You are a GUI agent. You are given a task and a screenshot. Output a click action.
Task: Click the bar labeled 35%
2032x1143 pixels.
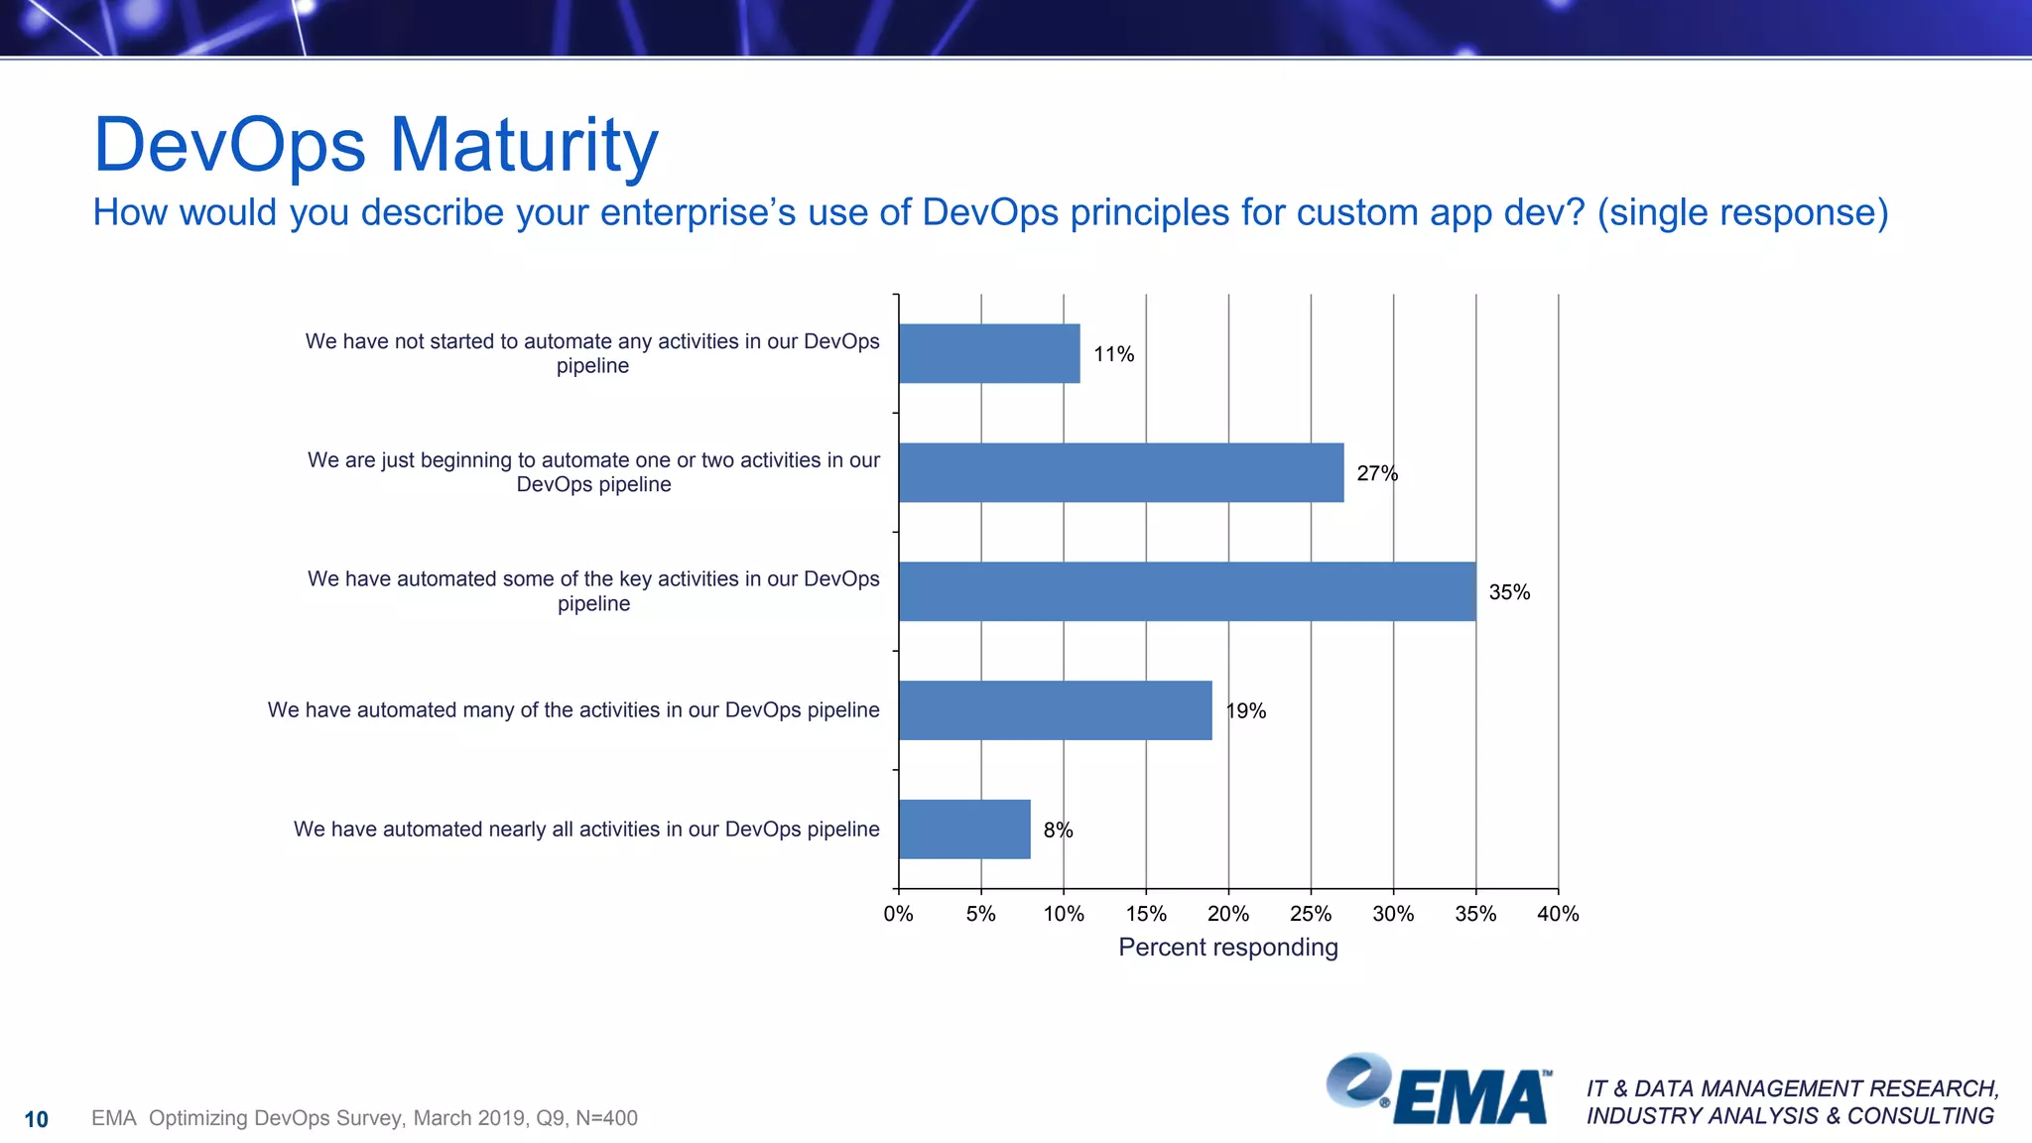click(1187, 591)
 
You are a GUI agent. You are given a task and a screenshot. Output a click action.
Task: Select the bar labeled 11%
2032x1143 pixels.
click(989, 353)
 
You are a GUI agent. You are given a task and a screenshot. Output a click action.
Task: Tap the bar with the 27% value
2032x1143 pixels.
click(1121, 472)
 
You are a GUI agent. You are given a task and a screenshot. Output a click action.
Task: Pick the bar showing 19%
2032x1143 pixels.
click(1055, 710)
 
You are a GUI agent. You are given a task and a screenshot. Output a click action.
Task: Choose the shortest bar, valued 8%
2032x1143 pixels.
click(964, 829)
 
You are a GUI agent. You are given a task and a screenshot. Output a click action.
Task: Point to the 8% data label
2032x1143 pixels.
click(1058, 830)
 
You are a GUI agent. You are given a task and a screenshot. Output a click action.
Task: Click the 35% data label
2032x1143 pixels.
click(1509, 592)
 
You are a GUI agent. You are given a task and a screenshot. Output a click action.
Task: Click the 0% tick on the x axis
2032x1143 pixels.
click(898, 914)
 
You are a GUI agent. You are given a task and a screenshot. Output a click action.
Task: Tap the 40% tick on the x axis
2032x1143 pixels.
click(1558, 914)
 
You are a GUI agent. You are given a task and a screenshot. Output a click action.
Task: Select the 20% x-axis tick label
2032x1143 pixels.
click(1228, 914)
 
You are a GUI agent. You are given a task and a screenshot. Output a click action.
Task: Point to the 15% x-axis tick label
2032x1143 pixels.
click(1146, 914)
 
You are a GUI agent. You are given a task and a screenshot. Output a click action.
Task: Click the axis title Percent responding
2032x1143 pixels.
click(1228, 948)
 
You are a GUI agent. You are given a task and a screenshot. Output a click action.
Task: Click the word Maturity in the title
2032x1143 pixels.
click(524, 146)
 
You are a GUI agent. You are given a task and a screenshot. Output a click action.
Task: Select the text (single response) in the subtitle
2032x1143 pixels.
click(1742, 212)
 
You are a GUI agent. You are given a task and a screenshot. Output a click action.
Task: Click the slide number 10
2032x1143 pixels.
click(36, 1119)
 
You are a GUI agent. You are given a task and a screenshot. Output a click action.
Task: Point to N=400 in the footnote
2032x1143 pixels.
click(606, 1118)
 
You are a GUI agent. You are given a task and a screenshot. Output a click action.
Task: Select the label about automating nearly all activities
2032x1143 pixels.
click(586, 829)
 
